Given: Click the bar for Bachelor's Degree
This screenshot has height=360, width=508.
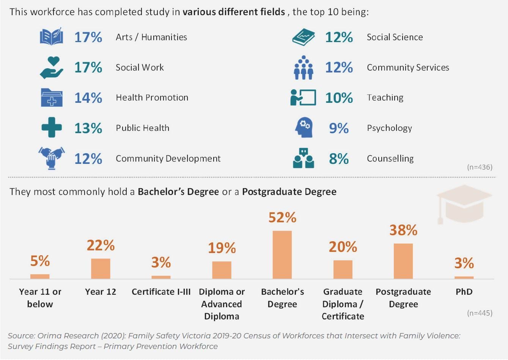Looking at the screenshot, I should [282, 255].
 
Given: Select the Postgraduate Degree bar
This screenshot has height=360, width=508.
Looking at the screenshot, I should [403, 261].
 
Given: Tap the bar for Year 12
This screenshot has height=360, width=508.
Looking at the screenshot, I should [101, 269].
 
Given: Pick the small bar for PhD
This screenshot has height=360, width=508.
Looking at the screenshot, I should [464, 278].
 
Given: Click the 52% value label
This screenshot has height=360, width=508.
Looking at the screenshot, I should [282, 217].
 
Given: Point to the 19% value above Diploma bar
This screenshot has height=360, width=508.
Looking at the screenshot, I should [222, 248].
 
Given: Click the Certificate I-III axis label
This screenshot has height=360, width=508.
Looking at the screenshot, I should [161, 292].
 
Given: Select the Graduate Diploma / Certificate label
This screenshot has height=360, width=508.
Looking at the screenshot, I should [343, 304].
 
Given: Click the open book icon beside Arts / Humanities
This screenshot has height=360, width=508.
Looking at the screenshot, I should [51, 37].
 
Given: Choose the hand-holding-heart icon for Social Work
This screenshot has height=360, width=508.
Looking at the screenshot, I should [51, 67].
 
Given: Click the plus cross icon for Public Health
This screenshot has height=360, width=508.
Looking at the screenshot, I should [51, 127].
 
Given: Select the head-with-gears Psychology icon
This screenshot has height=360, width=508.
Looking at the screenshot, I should [304, 127].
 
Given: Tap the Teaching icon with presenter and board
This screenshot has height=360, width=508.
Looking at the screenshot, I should [303, 97].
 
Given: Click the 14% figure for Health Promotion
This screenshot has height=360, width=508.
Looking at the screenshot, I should [88, 98].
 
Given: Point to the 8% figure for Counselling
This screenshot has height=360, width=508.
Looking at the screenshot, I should [338, 159].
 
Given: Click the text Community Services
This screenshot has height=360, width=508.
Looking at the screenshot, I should [408, 68].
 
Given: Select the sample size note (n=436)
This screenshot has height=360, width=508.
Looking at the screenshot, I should [480, 167].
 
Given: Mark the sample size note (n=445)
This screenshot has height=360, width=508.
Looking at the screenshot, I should [480, 313].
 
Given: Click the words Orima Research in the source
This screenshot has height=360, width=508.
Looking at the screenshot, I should [68, 336].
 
